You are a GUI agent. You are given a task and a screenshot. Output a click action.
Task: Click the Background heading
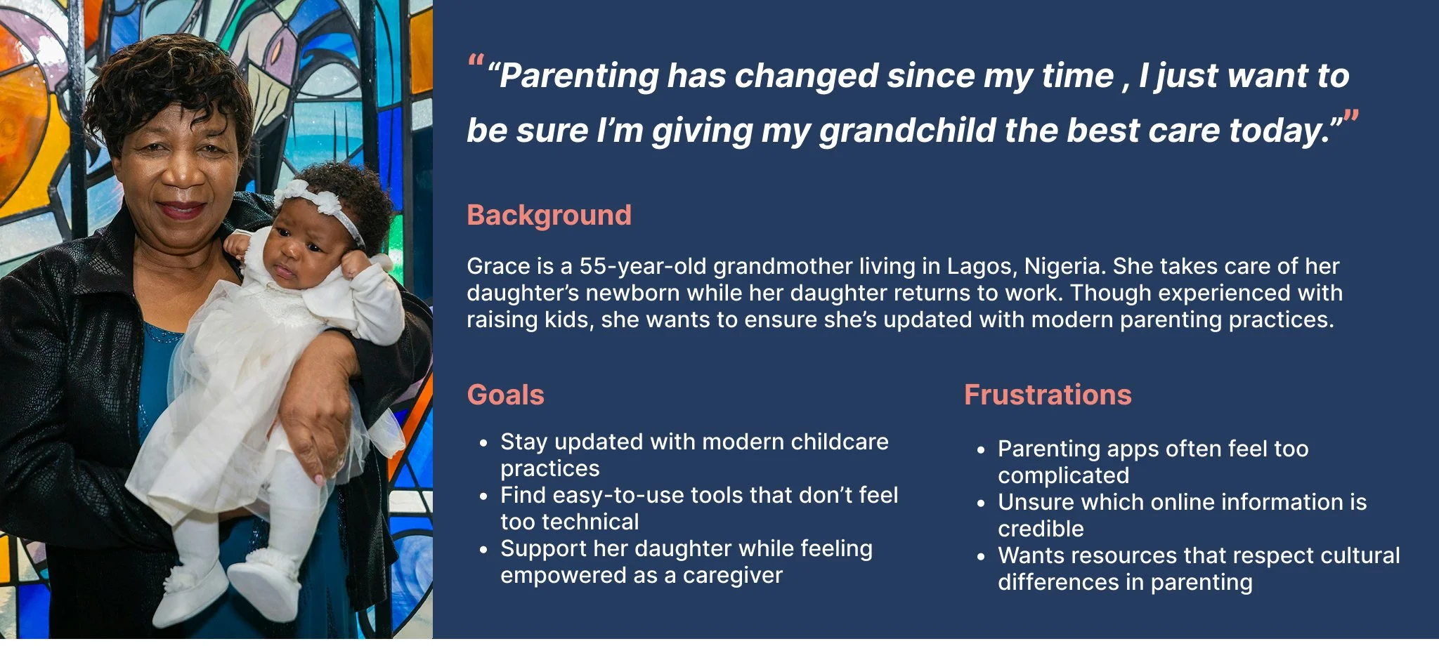point(549,216)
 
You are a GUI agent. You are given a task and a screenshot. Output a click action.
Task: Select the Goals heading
point(506,395)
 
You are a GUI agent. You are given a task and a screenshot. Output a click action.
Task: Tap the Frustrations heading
point(1048,395)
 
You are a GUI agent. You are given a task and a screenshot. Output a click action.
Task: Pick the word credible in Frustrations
point(1041,529)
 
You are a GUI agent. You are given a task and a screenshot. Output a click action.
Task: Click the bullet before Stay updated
point(483,443)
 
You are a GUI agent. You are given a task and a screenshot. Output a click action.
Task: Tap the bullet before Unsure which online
point(981,503)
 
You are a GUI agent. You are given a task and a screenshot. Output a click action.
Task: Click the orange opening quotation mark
point(476,60)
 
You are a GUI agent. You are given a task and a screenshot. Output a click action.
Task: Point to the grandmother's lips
point(181,209)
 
